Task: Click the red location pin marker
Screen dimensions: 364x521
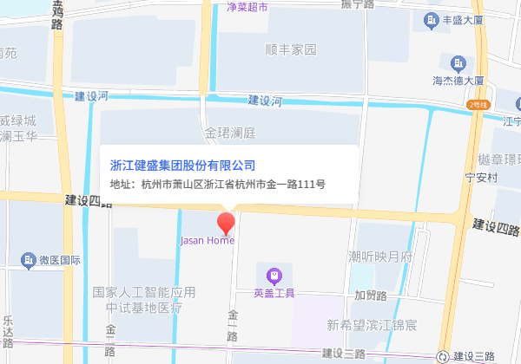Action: coord(227,222)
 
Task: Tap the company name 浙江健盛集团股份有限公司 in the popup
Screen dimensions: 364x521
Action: coord(182,165)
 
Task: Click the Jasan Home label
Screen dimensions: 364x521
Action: coord(206,240)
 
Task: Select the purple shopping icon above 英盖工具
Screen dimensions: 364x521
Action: coord(274,276)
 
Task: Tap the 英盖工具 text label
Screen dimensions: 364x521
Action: coord(274,293)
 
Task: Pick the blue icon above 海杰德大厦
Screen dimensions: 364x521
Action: coord(458,62)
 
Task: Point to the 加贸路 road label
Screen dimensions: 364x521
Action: coord(371,295)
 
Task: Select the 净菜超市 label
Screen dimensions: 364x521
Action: coord(247,7)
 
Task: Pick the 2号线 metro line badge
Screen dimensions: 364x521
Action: coord(478,104)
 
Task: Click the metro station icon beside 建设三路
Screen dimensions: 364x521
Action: coord(444,355)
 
